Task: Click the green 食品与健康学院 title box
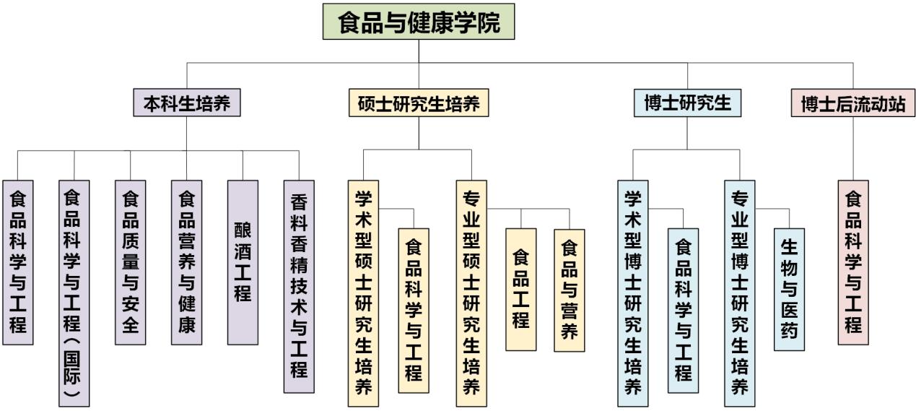tap(419, 22)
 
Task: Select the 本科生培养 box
tap(187, 103)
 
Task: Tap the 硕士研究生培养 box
tap(419, 103)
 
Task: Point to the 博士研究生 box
tap(687, 103)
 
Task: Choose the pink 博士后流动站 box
tap(853, 103)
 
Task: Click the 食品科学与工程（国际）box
tap(74, 293)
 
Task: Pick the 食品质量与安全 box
tap(131, 261)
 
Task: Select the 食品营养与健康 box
tap(187, 261)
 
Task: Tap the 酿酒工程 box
tap(243, 261)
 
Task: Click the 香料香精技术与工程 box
tap(299, 286)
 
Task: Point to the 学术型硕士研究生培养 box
tap(363, 293)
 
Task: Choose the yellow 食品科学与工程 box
tap(414, 311)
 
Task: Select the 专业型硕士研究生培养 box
tap(471, 293)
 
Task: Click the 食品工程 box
tap(521, 289)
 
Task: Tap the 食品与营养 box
tap(570, 290)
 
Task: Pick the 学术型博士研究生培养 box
tap(633, 293)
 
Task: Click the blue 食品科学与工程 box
tap(683, 311)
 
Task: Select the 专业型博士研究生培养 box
tap(740, 293)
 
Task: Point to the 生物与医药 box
tap(789, 290)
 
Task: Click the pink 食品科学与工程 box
tap(853, 261)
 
